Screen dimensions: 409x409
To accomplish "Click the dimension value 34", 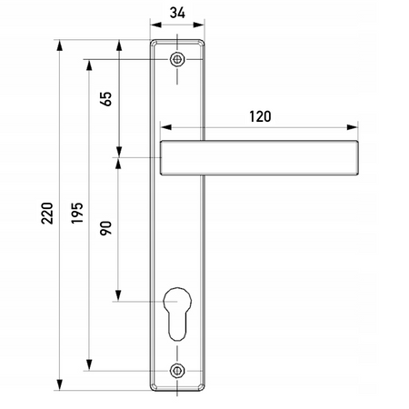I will pos(178,13).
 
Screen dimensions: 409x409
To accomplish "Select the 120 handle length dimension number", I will pos(260,116).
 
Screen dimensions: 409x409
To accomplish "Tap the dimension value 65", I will pos(106,99).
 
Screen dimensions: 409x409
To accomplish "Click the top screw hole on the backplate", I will pos(177,60).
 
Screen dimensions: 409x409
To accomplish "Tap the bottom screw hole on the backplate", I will pos(177,371).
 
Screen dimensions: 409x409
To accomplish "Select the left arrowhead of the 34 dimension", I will pos(154,27).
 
